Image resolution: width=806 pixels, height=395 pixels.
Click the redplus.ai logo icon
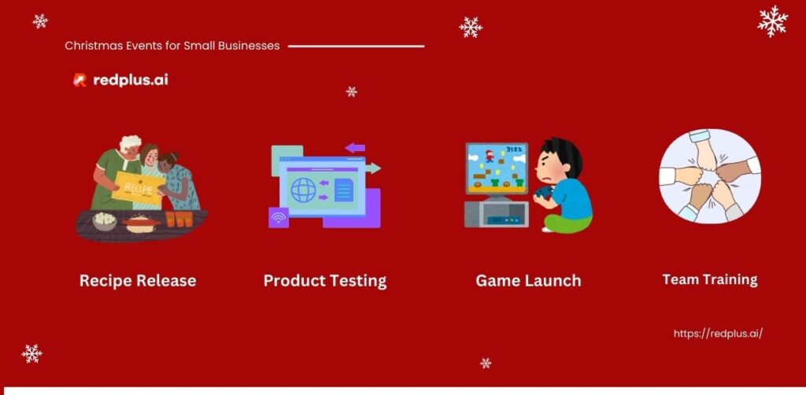tap(79, 80)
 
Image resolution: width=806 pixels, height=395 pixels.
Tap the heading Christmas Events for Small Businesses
tap(172, 46)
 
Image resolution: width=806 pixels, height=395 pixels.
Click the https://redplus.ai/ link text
tap(718, 334)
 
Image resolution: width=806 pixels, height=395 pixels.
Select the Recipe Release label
tap(138, 280)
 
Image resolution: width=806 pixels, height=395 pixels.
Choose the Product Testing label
tap(325, 280)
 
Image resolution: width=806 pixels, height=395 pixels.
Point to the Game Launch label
tap(528, 280)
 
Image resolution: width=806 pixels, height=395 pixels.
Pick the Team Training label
tap(710, 279)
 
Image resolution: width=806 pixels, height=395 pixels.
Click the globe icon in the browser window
tap(304, 189)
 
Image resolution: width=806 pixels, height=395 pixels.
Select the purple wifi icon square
tap(279, 218)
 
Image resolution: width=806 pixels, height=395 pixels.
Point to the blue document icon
tap(344, 189)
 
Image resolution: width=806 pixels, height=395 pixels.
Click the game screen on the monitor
tap(497, 168)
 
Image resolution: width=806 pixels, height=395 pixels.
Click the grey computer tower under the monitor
tap(496, 214)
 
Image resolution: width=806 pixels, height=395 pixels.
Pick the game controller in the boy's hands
tap(542, 194)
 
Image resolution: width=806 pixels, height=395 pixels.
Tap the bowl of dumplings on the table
tap(105, 220)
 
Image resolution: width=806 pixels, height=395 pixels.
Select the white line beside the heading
tap(357, 46)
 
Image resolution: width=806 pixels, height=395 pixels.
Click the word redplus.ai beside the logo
tap(131, 80)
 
